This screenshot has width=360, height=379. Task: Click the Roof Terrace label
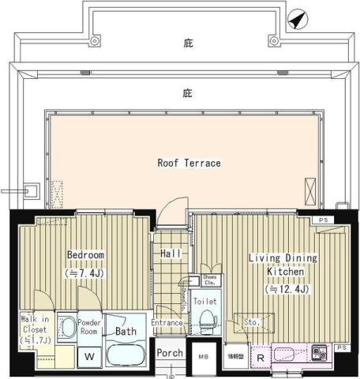pos(188,163)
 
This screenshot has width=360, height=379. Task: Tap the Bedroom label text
pos(85,255)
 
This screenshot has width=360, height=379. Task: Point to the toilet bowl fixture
pos(207,318)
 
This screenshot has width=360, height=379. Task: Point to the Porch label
pos(169,353)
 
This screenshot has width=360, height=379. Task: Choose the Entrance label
pos(167,322)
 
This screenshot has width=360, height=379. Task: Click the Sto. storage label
pos(253,321)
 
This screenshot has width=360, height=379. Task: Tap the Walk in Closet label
pos(33,330)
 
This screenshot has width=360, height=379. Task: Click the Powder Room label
pos(88,328)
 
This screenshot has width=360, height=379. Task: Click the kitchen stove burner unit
pos(320,352)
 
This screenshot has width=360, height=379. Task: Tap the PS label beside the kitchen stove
pos(341,347)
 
